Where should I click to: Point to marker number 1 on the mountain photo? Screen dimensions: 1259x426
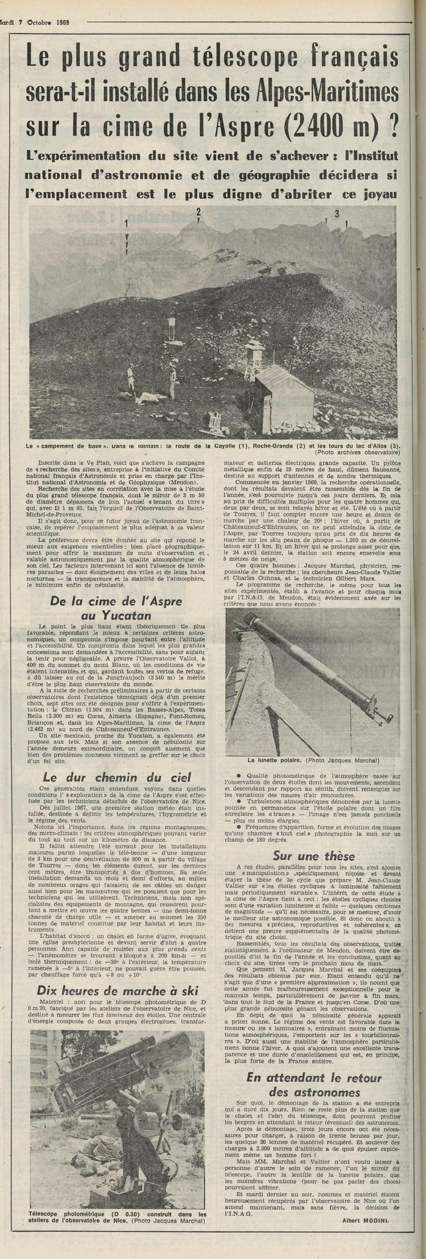click(127, 223)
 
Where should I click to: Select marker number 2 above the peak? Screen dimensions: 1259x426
click(198, 212)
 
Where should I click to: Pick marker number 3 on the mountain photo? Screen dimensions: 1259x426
click(336, 213)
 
